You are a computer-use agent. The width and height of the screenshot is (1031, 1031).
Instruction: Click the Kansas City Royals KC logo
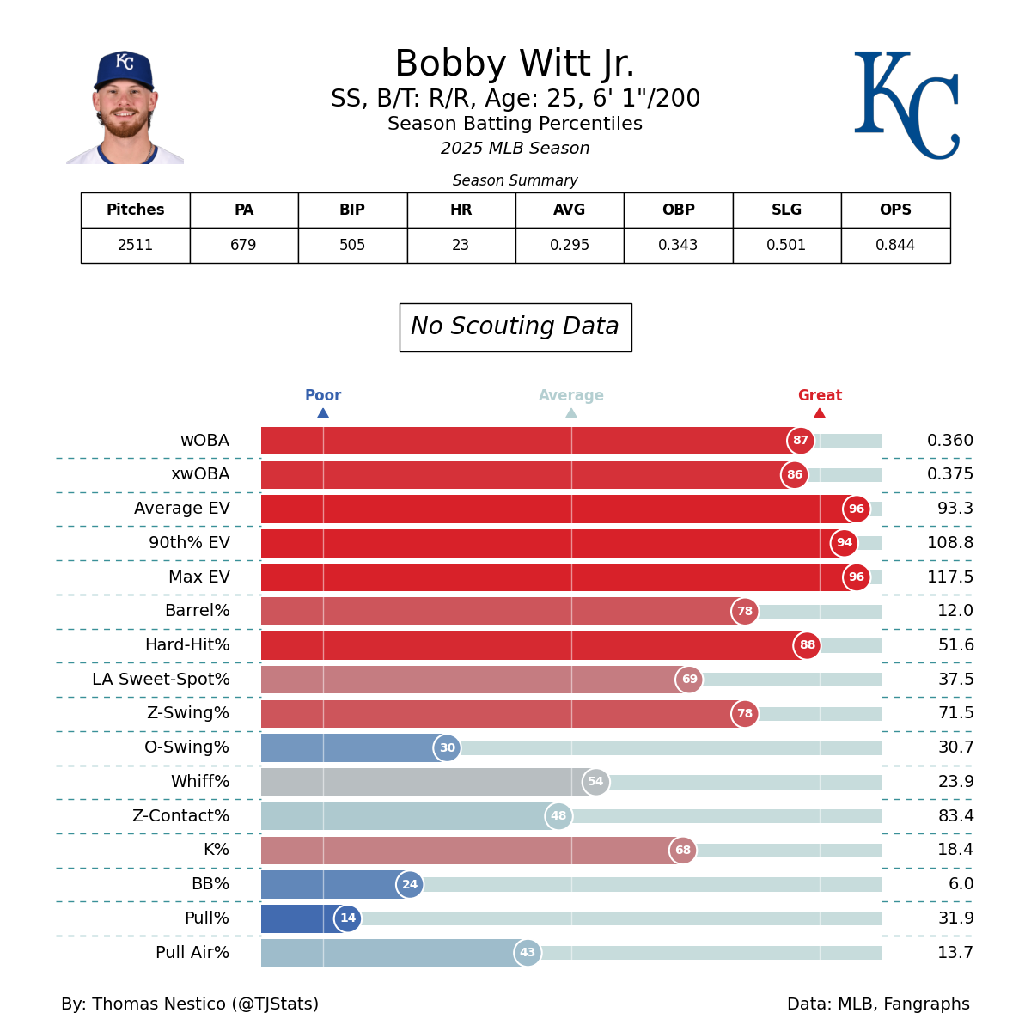click(x=906, y=105)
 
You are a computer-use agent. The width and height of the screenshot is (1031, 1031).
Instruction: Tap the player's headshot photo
click(x=125, y=107)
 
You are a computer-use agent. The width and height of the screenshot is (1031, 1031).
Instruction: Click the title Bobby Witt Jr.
click(x=515, y=64)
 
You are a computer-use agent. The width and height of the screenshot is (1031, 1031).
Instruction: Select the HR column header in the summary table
click(x=461, y=210)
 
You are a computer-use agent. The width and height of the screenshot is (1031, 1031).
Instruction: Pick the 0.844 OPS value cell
click(x=895, y=245)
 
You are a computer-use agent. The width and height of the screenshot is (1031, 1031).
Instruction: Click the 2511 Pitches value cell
click(x=135, y=245)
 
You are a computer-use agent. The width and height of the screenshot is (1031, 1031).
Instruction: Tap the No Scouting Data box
click(x=515, y=326)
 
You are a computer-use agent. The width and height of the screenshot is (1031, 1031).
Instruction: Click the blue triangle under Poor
click(x=323, y=413)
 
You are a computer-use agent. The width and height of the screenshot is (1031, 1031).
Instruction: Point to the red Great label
click(x=820, y=395)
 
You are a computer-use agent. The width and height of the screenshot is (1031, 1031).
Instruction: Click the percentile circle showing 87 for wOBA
click(x=800, y=441)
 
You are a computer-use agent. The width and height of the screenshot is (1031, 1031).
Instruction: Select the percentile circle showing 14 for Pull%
click(x=348, y=918)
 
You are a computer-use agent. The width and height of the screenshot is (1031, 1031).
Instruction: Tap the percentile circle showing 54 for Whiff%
click(x=595, y=782)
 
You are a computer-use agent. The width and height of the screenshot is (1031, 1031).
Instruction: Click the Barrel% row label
click(x=198, y=611)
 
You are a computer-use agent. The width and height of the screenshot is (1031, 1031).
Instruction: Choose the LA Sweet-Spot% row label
click(x=162, y=680)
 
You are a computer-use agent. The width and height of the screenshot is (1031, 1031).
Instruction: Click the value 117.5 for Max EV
click(x=949, y=577)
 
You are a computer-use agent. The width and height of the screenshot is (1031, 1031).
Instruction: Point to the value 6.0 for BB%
click(x=961, y=884)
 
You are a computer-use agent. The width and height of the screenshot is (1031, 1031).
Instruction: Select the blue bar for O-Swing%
click(x=352, y=747)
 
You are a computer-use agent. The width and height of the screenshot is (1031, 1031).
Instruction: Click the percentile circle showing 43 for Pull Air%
click(x=528, y=953)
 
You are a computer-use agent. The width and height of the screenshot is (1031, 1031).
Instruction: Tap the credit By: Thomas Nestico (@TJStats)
click(x=190, y=1004)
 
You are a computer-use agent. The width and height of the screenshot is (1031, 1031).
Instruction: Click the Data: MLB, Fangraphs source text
click(x=878, y=1004)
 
